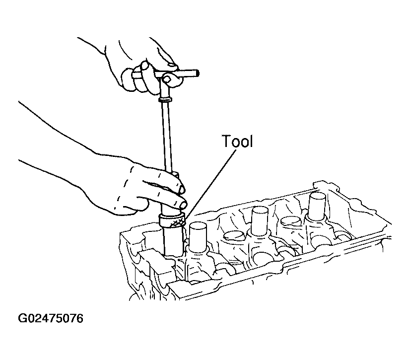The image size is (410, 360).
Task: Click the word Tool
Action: [x=237, y=142]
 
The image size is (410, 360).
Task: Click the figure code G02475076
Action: [x=51, y=318]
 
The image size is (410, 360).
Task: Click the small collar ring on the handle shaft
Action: [x=165, y=99]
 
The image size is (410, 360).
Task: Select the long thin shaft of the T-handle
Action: [x=167, y=136]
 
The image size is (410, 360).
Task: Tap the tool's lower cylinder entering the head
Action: [x=173, y=241]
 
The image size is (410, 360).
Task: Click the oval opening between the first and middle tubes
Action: [x=233, y=235]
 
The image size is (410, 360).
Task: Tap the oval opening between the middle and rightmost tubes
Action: [x=291, y=221]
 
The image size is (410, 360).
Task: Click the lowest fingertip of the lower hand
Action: [x=183, y=204]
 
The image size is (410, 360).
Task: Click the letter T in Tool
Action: [x=227, y=141]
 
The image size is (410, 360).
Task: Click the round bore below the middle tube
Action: [x=262, y=258]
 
